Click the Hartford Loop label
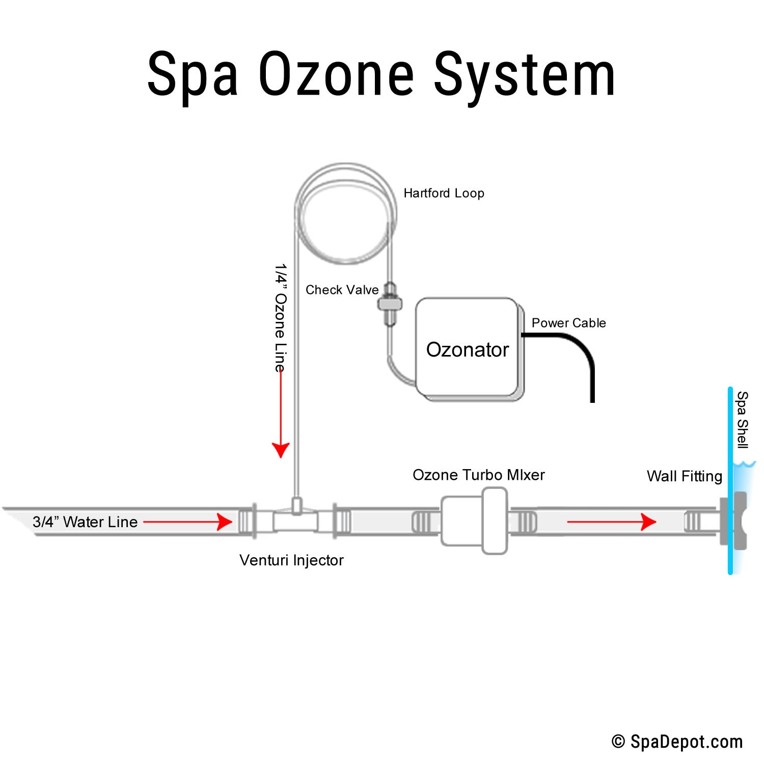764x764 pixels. point(444,194)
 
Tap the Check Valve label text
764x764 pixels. point(342,290)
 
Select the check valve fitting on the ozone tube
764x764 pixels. point(390,304)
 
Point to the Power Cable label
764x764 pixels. point(568,323)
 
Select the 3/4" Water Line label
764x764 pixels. point(85,522)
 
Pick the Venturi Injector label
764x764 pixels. point(291,560)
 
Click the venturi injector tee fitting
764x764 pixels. point(295,520)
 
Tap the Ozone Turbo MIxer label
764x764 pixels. point(478,475)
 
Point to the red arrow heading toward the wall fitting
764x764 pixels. point(611,522)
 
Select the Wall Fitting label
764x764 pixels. point(684,476)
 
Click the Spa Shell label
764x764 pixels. point(743,420)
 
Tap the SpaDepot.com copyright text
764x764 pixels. point(677,742)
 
